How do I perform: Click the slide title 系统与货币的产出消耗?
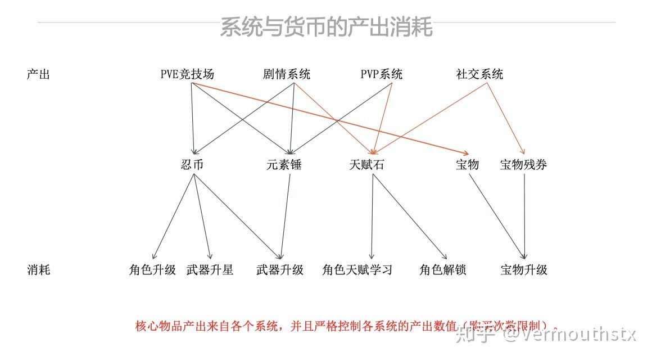326,27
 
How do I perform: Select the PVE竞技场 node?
187,74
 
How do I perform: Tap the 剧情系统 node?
286,74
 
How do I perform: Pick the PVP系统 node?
382,74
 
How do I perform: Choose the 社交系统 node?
479,74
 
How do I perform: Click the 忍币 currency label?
192,165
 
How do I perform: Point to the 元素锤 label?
284,165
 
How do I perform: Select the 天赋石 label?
367,165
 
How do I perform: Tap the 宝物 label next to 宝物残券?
468,165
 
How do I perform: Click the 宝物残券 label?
524,165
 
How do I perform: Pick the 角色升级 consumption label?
152,270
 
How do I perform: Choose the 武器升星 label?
210,270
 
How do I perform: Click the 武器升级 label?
280,270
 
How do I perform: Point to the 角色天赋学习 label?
357,270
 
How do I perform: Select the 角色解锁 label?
443,270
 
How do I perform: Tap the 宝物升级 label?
524,270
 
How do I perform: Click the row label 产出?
38,74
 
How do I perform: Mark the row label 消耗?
38,270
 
